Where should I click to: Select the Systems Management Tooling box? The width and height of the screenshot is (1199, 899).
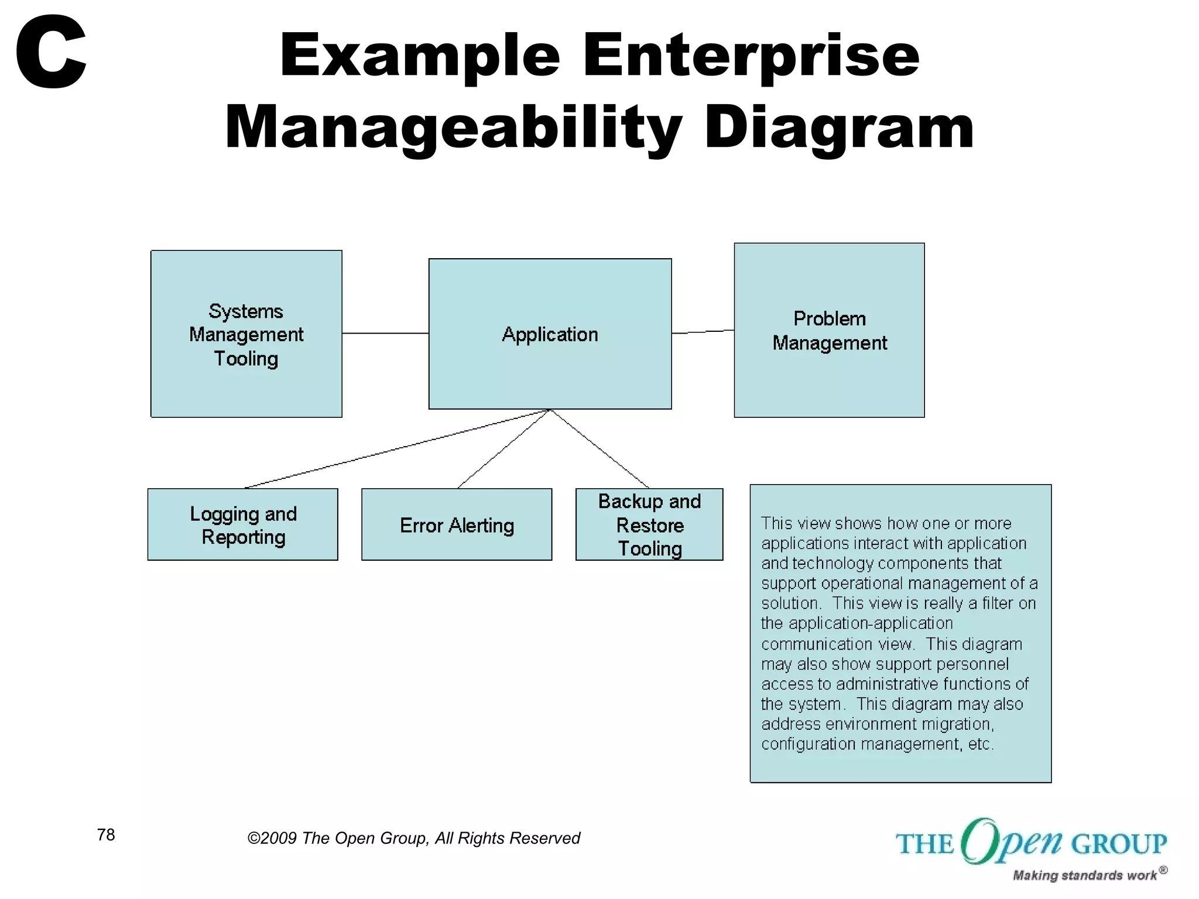[x=246, y=334]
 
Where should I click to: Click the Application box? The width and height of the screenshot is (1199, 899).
[x=550, y=334]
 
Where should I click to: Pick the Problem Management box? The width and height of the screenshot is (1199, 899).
[x=829, y=330]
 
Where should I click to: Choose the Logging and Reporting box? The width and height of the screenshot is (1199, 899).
[x=242, y=524]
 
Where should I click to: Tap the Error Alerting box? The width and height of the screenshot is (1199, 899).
[x=457, y=524]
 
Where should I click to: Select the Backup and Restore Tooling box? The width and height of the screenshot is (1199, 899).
[x=649, y=524]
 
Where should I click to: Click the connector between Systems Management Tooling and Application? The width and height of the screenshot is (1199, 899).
[x=385, y=333]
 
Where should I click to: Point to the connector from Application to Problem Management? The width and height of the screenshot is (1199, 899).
[x=703, y=332]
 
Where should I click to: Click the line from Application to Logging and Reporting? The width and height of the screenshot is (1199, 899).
[x=398, y=448]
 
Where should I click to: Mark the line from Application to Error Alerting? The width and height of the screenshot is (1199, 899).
[x=503, y=449]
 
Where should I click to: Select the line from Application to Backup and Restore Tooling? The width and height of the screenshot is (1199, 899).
[x=599, y=449]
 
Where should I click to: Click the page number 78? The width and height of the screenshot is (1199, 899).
[x=106, y=835]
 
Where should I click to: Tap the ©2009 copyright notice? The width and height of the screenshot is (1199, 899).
[x=413, y=838]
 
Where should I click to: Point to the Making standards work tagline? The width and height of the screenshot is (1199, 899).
[x=1085, y=875]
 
